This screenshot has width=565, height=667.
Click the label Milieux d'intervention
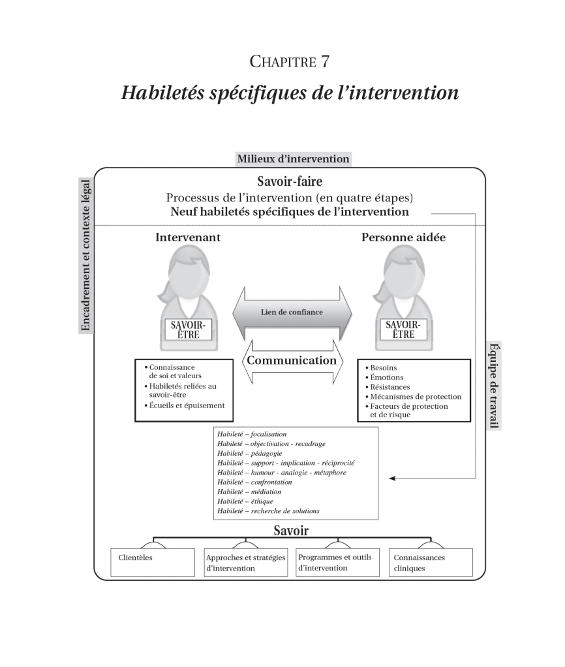pyautogui.click(x=293, y=158)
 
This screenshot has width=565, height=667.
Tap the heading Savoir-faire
pyautogui.click(x=289, y=182)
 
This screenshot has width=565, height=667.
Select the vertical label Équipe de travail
pyautogui.click(x=494, y=385)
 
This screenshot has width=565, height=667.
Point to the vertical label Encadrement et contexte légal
pyautogui.click(x=85, y=255)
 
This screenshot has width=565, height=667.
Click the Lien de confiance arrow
pyautogui.click(x=292, y=312)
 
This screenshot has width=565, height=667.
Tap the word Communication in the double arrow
pyautogui.click(x=292, y=360)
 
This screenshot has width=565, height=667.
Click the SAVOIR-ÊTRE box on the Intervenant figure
pyautogui.click(x=188, y=330)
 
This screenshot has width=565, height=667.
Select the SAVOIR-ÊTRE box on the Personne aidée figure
pyautogui.click(x=404, y=330)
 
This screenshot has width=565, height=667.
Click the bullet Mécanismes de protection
pyautogui.click(x=415, y=396)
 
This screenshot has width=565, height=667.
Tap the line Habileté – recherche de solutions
pyautogui.click(x=269, y=511)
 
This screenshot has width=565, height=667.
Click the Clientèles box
pyautogui.click(x=153, y=562)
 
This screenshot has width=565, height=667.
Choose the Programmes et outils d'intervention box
pyautogui.click(x=338, y=562)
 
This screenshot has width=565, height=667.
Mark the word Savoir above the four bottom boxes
pyautogui.click(x=291, y=531)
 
